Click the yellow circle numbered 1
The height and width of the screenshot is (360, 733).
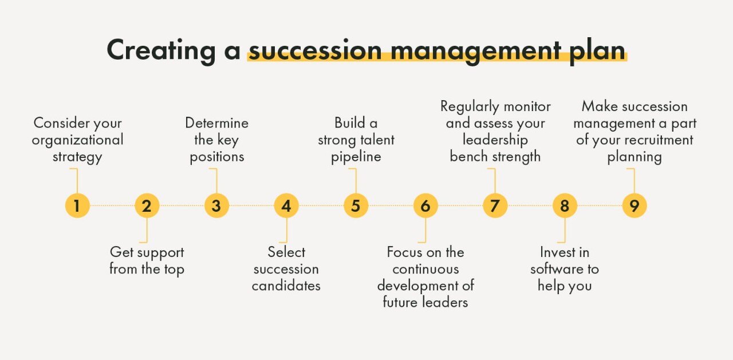77,205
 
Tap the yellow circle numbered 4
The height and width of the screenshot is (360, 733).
286,205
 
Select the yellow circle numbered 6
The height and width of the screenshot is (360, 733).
425,205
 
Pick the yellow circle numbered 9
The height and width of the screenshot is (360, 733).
634,205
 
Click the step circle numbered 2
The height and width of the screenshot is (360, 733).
147,205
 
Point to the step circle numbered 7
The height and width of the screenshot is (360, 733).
495,205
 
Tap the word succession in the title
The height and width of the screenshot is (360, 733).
314,50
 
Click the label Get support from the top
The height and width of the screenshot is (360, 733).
147,260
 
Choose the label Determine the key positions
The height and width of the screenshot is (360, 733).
216,140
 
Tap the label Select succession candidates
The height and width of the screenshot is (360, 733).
286,268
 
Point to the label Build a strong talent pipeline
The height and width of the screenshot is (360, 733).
356,140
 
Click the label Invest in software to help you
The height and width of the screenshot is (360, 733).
564,268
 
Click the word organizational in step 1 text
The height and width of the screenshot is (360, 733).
77,140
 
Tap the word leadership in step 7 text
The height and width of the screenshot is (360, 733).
495,140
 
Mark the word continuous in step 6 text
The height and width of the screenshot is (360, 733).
425,268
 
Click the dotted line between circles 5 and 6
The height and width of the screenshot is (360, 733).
391,205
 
